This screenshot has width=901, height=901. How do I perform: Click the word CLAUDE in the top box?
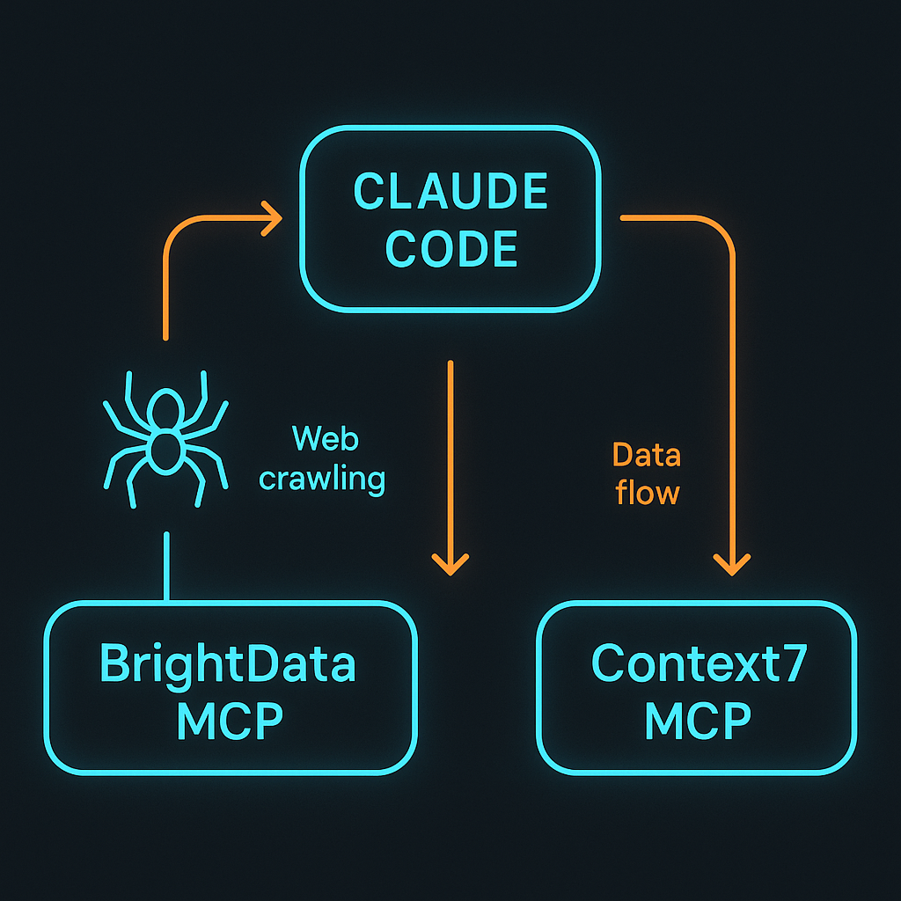coord(450,192)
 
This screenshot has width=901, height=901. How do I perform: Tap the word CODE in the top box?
coord(451,249)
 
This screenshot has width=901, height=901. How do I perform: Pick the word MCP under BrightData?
coord(229,722)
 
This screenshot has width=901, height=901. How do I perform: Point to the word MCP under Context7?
coord(698,722)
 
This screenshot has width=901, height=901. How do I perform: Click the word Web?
coord(325,438)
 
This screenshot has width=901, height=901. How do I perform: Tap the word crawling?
coord(322,480)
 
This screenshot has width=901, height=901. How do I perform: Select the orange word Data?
coord(647,455)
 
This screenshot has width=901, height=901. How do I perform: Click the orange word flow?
coord(648,493)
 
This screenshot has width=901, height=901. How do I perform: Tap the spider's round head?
coord(165,407)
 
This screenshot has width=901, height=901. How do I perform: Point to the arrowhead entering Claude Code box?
coord(272,216)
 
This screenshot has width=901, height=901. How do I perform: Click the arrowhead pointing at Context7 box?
coord(731,564)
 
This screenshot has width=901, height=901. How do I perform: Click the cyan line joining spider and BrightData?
coord(166,568)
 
